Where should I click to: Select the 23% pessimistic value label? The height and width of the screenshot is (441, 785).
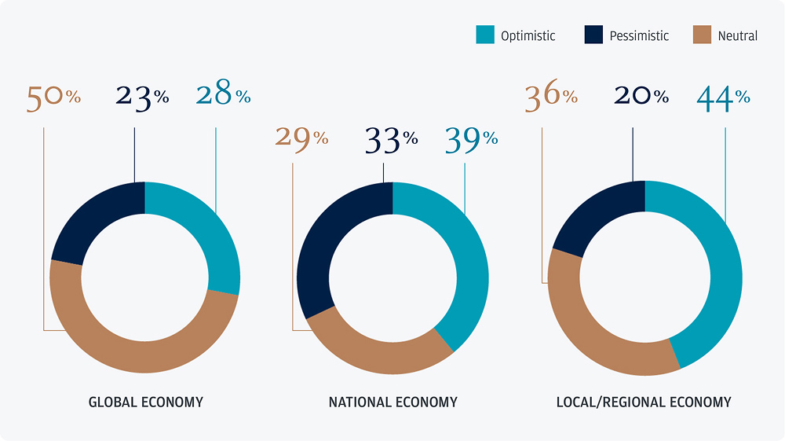(142, 97)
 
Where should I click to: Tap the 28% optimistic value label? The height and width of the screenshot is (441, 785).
(223, 97)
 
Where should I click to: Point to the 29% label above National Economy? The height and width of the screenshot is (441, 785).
(301, 138)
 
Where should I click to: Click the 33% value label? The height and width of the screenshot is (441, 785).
(391, 140)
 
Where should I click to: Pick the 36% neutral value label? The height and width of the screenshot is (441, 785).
(550, 97)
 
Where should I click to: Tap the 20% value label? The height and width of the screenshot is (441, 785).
(641, 97)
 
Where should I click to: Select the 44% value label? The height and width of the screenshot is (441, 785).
(723, 97)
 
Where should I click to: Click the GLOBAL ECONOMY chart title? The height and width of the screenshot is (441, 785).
(145, 402)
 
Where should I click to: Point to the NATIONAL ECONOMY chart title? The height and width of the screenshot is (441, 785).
(392, 402)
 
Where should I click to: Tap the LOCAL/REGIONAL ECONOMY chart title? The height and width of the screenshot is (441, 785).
(643, 402)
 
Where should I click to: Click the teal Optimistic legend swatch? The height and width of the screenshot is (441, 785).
(484, 35)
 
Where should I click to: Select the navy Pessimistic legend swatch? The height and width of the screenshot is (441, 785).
(593, 35)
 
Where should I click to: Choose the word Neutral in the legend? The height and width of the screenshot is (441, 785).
(737, 35)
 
